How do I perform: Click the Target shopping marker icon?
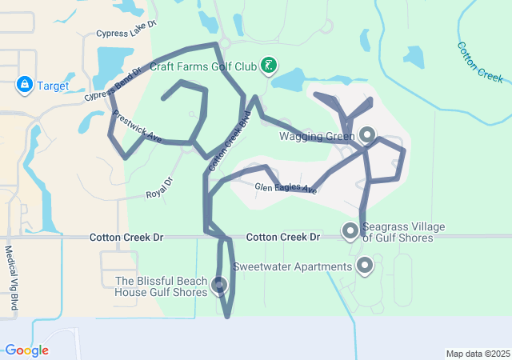[24, 84]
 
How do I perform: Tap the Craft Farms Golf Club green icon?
[270, 66]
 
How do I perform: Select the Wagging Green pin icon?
[367, 134]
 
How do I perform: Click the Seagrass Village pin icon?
[350, 231]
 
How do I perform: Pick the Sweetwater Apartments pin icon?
[366, 266]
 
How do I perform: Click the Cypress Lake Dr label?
[123, 34]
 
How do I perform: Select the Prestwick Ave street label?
[137, 126]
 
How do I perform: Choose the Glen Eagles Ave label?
[286, 188]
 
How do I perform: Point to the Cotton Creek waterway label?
[480, 62]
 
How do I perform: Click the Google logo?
[26, 350]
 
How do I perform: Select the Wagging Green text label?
[317, 136]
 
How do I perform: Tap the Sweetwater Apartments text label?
[292, 266]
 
